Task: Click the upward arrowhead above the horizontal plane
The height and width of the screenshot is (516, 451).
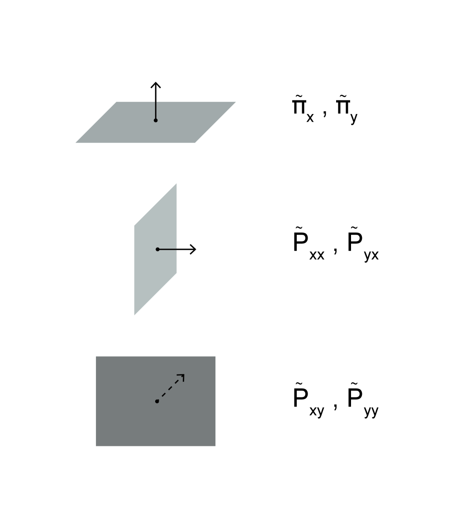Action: (156, 85)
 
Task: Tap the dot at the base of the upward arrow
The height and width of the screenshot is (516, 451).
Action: (156, 120)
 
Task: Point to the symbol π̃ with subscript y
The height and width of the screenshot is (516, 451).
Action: (347, 111)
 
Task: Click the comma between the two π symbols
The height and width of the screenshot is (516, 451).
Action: (325, 113)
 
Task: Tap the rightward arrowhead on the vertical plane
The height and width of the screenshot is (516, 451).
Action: (193, 249)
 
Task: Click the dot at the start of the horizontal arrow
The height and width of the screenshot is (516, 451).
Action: (157, 249)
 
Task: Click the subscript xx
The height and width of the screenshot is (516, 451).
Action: (317, 255)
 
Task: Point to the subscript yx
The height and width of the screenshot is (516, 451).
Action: (371, 256)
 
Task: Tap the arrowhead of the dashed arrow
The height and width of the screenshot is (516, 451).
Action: (181, 376)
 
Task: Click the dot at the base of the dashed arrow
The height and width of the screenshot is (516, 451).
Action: (157, 401)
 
